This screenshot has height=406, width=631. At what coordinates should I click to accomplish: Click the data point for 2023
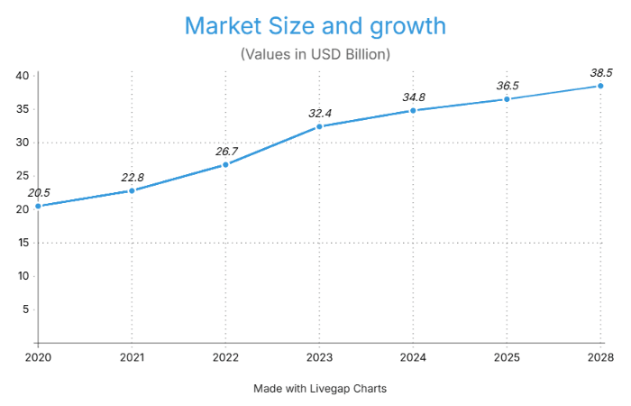[319, 126]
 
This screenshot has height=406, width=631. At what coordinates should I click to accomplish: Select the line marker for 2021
[132, 190]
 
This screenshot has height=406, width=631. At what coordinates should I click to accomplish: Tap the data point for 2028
[600, 86]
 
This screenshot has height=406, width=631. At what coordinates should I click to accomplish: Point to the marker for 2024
[413, 110]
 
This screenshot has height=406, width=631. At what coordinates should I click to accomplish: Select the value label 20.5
[39, 192]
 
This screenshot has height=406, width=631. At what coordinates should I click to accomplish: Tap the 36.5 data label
[508, 86]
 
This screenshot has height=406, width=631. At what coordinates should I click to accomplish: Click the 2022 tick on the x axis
[225, 356]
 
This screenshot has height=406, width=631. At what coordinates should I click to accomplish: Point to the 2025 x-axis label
[507, 356]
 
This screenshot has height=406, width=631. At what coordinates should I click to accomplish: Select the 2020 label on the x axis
[38, 356]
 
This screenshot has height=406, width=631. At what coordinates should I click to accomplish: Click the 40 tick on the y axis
[21, 76]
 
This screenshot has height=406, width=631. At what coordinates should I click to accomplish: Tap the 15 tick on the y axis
[21, 243]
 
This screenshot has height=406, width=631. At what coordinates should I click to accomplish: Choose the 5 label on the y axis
[24, 309]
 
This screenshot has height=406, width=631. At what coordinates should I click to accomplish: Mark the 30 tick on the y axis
[21, 143]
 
